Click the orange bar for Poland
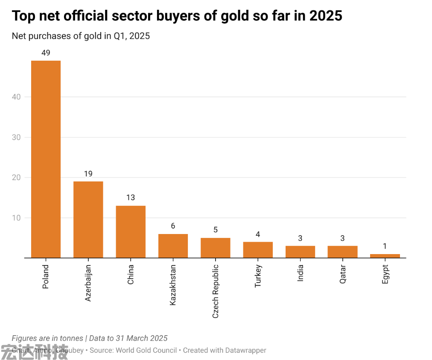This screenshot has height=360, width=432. coord(46,159)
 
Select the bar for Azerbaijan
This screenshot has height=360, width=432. coord(88,220)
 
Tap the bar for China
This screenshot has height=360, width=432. coord(131,231)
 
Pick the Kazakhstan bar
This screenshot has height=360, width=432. coord(173,246)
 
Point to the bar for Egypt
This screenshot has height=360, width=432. coord(385,256)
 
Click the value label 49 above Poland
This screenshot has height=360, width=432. coord(46,53)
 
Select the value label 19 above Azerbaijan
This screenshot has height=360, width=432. coord(88,174)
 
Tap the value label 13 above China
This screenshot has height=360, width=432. coord(131,198)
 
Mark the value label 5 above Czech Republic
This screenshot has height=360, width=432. coord(215,230)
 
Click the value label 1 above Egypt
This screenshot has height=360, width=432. coord(385,246)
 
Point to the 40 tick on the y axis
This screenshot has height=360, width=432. coord(16,97)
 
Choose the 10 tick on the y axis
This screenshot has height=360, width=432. coord(16,218)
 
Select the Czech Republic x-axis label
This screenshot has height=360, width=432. coord(215,290)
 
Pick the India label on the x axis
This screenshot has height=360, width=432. coord(300,273)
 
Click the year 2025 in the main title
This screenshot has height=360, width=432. coord(326,16)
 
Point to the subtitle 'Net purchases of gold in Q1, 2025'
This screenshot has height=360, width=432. coord(81,36)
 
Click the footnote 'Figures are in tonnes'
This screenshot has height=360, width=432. coord(47,338)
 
